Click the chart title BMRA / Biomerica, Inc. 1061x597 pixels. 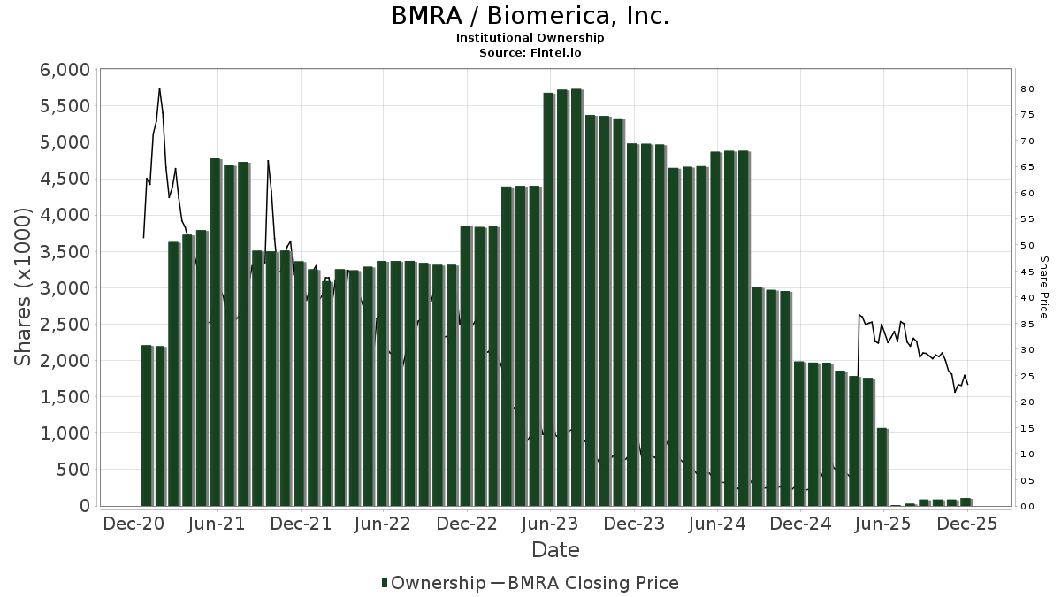[530, 16]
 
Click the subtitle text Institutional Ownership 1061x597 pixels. [530, 38]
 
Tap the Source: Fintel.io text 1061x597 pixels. [530, 52]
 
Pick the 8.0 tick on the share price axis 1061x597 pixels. [1027, 89]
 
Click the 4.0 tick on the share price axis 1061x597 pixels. [1027, 298]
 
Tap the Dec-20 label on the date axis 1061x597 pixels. [134, 524]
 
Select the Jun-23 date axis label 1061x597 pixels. [550, 524]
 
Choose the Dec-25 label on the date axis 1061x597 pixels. [966, 524]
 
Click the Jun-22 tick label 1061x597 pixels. [383, 524]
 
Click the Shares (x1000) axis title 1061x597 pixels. [24, 287]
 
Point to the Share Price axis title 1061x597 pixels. [1043, 287]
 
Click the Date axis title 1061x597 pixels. [555, 550]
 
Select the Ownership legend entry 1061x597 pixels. [433, 583]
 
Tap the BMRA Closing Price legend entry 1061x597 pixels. [584, 583]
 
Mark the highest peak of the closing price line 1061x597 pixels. [159, 88]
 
